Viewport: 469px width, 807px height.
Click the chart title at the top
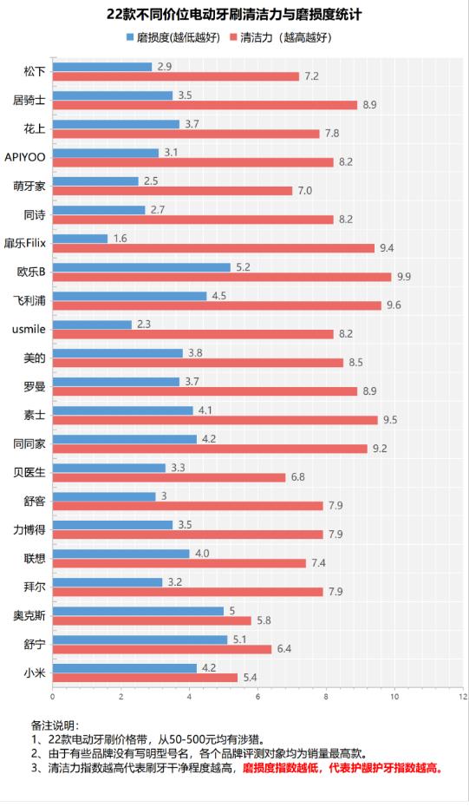tap(234, 15)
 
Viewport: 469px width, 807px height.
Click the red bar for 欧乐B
tap(221, 277)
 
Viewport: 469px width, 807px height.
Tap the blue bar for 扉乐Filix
tap(80, 238)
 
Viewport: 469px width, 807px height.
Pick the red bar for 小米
tap(145, 677)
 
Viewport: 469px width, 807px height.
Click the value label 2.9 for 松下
tap(164, 67)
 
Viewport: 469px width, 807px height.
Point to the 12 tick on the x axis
tap(463, 696)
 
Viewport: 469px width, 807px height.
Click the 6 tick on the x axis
tap(257, 696)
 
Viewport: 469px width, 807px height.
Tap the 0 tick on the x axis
tap(53, 696)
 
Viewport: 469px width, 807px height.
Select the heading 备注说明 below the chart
tap(55, 725)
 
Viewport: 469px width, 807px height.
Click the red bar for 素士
tap(214, 420)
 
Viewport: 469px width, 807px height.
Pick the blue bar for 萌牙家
tap(95, 180)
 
